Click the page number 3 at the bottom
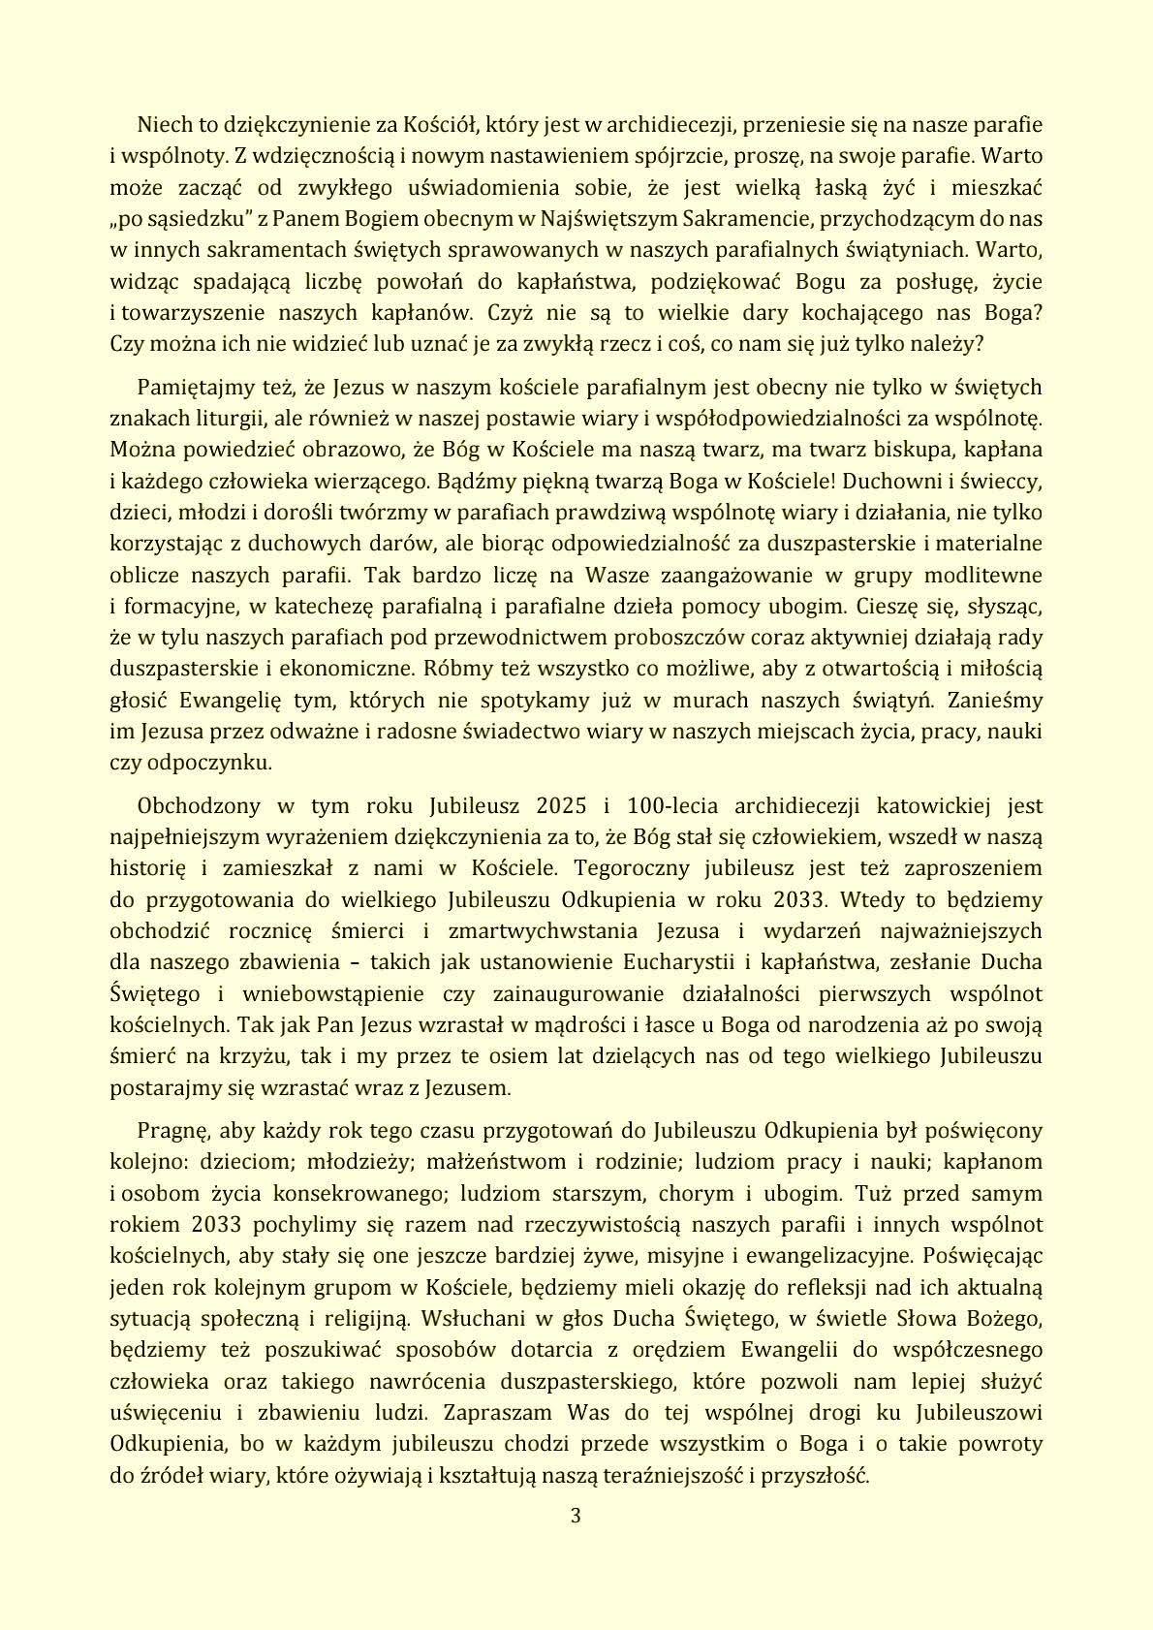pyautogui.click(x=576, y=1516)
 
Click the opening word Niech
pyautogui.click(x=164, y=124)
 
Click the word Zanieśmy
pyautogui.click(x=995, y=700)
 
